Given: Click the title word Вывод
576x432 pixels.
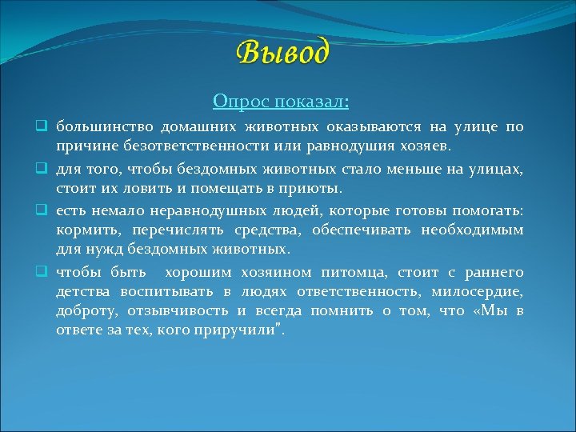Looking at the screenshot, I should click(x=282, y=53).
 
